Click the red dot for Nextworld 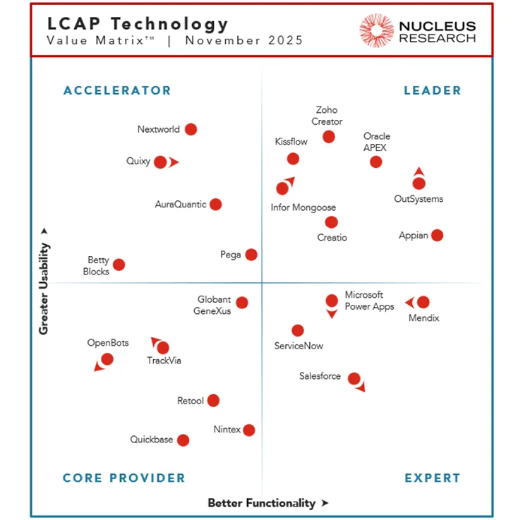click(191, 129)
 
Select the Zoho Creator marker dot click(329, 136)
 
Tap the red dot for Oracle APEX click(376, 162)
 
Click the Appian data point click(437, 235)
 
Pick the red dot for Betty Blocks click(119, 265)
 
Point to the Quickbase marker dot click(184, 440)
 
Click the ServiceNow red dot click(298, 330)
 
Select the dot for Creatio click(332, 222)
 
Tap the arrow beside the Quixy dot click(174, 162)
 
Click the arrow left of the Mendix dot click(409, 303)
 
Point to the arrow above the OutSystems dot click(419, 171)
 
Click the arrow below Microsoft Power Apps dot click(332, 314)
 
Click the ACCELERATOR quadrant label click(117, 90)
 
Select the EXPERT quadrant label click(433, 478)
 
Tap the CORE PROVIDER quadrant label click(124, 478)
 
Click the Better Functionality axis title click(262, 503)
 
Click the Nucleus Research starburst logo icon click(376, 30)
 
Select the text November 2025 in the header click(244, 40)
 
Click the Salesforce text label click(320, 377)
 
